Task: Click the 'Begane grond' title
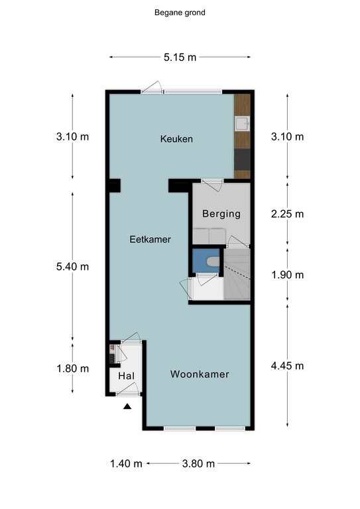pyautogui.click(x=180, y=13)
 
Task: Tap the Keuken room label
pyautogui.click(x=176, y=139)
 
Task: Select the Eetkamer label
pyautogui.click(x=150, y=239)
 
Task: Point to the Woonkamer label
pyautogui.click(x=200, y=374)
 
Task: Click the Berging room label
pyautogui.click(x=221, y=214)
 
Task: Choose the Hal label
pyautogui.click(x=126, y=376)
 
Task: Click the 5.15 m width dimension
pyautogui.click(x=180, y=58)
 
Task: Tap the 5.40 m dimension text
pyautogui.click(x=72, y=266)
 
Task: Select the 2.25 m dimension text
pyautogui.click(x=288, y=214)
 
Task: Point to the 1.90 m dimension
pyautogui.click(x=288, y=275)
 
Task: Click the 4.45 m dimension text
pyautogui.click(x=288, y=366)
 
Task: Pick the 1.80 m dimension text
pyautogui.click(x=73, y=368)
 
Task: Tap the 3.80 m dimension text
pyautogui.click(x=198, y=463)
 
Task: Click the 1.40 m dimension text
pyautogui.click(x=126, y=463)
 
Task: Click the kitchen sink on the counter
pyautogui.click(x=242, y=124)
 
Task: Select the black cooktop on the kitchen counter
pyautogui.click(x=242, y=159)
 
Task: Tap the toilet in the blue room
pyautogui.click(x=213, y=261)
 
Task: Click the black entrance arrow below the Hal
pyautogui.click(x=127, y=406)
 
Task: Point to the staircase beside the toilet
pyautogui.click(x=237, y=274)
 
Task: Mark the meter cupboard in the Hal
pyautogui.click(x=112, y=354)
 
